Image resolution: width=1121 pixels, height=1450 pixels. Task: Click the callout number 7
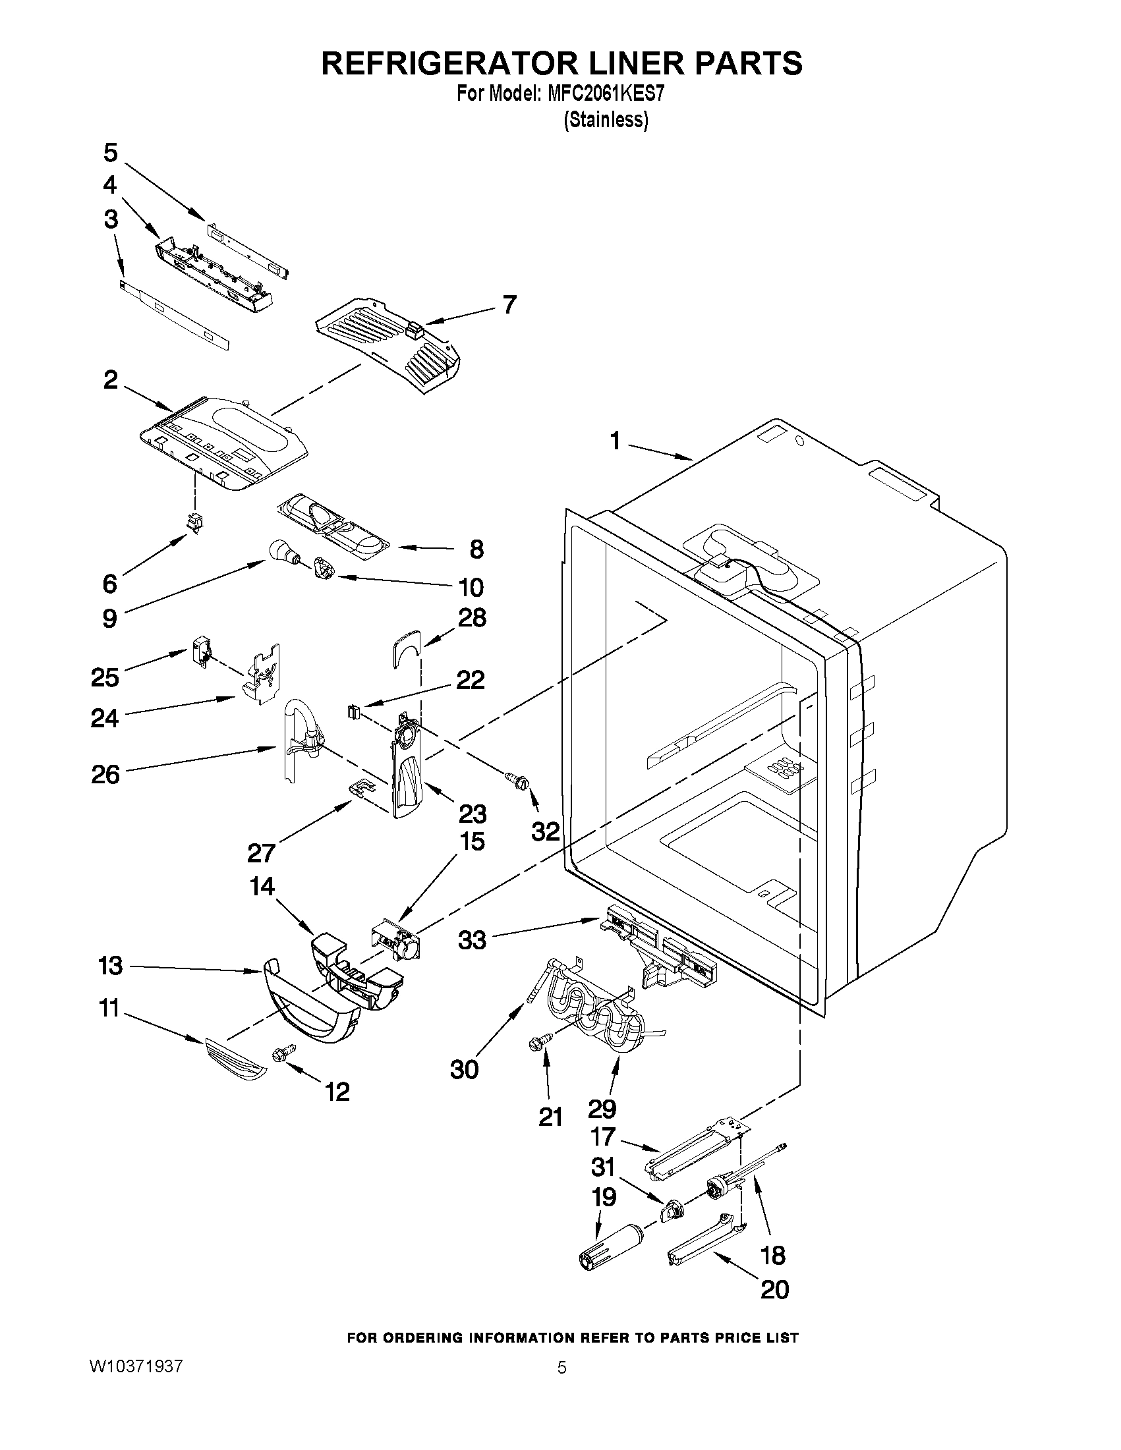coord(509,305)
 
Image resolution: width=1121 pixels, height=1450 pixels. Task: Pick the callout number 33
coord(472,940)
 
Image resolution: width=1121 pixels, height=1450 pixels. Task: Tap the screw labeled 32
coord(516,780)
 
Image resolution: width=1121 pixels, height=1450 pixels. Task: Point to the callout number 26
coord(105,774)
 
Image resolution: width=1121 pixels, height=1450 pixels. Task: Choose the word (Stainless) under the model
coord(606,120)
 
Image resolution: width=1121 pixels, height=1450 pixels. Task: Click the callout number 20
coord(774,1289)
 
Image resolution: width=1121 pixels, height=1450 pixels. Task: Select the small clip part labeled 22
coord(353,712)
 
